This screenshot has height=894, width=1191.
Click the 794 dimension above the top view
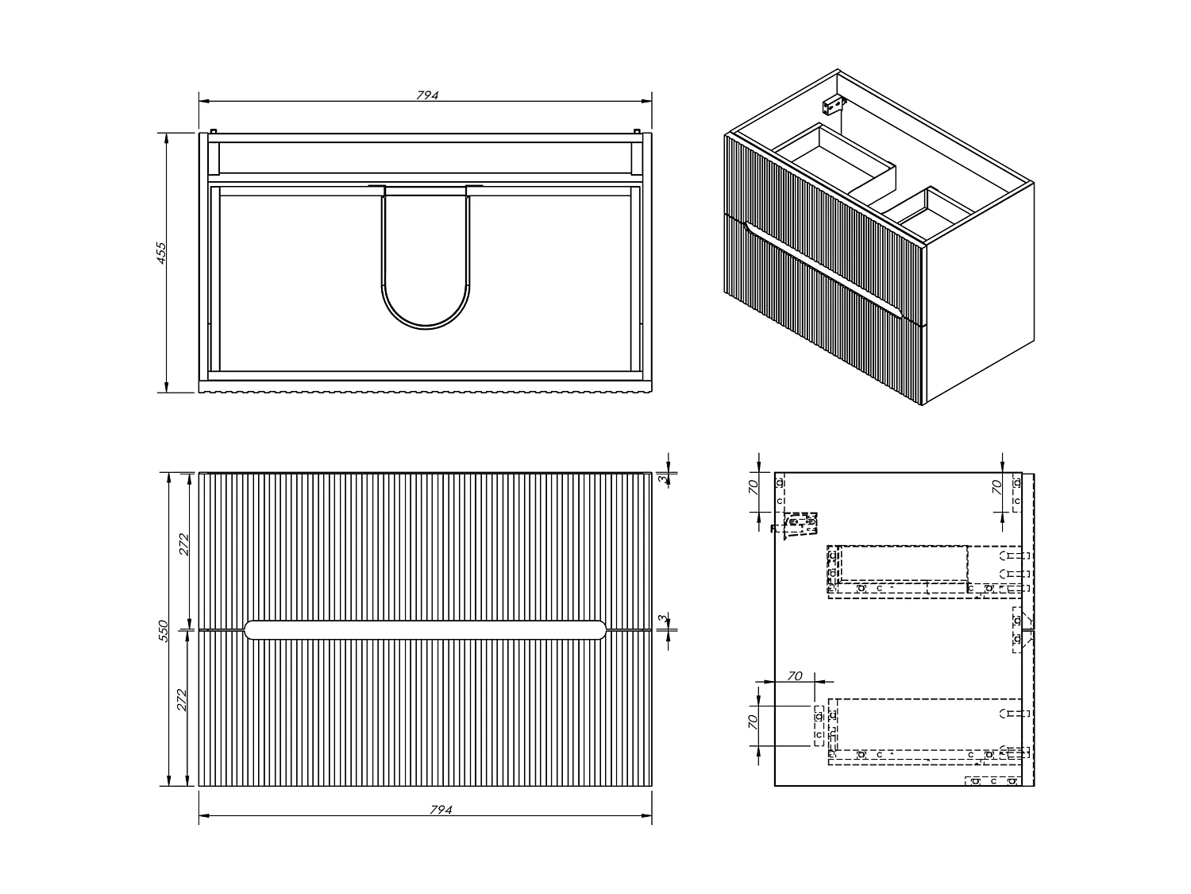click(x=427, y=95)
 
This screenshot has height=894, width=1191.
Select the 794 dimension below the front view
click(x=440, y=810)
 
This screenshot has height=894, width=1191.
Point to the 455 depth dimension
click(x=160, y=252)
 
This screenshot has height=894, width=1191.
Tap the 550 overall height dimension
click(x=164, y=630)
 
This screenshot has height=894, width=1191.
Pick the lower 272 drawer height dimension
click(x=183, y=699)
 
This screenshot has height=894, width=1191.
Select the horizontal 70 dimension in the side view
click(x=794, y=675)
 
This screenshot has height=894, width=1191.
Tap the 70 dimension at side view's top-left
click(x=755, y=487)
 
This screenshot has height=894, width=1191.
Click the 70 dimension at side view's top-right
click(x=997, y=487)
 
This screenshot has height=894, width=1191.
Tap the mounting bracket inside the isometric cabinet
click(x=831, y=104)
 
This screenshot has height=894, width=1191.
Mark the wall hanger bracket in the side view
click(x=800, y=525)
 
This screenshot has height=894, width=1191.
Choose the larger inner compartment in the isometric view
click(x=834, y=159)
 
